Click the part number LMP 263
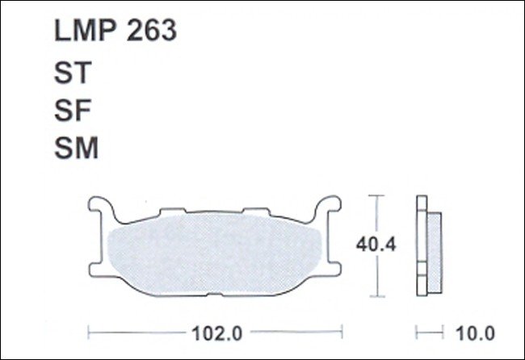click(115, 31)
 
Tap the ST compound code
click(73, 73)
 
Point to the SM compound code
click(77, 148)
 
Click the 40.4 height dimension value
click(376, 245)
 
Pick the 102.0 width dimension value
click(217, 333)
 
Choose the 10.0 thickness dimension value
click(475, 333)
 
